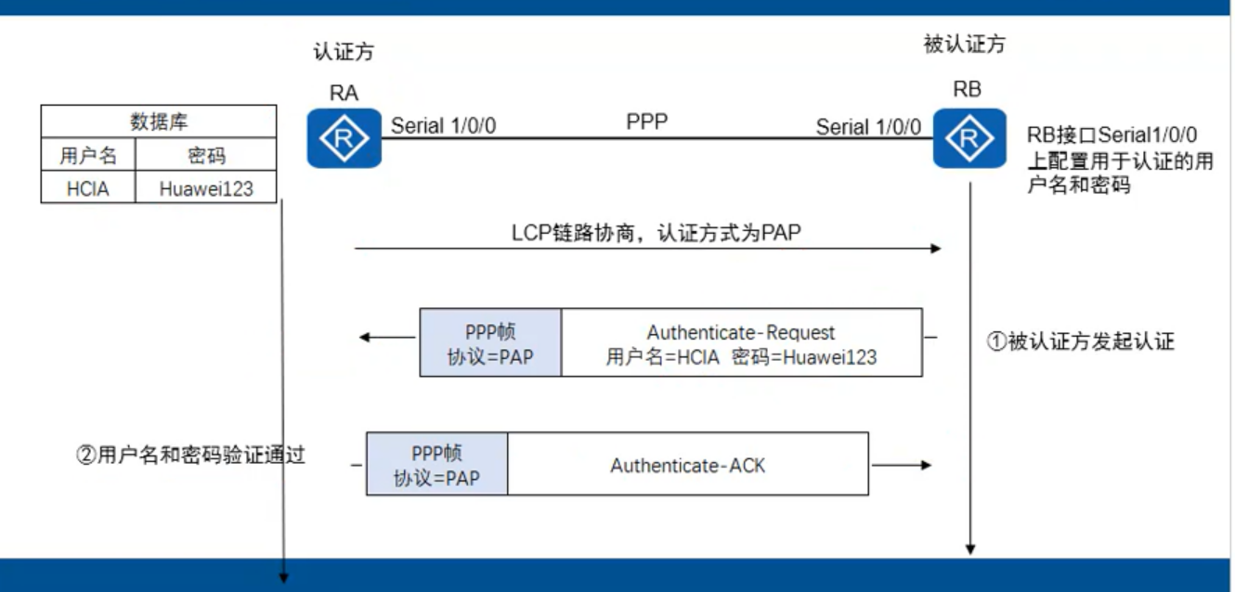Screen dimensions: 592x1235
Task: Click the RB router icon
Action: (969, 138)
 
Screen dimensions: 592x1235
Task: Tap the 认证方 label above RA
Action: (344, 52)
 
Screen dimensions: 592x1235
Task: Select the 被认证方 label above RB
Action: (964, 44)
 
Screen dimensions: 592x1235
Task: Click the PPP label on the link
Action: (647, 122)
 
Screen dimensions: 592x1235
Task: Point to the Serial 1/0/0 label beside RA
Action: (443, 126)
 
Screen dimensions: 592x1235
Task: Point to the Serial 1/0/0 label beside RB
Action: (868, 126)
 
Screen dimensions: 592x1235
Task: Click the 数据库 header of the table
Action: (159, 122)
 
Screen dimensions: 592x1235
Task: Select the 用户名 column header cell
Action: (88, 155)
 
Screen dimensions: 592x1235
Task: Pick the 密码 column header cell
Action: (206, 155)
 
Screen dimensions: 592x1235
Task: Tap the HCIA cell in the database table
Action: (88, 188)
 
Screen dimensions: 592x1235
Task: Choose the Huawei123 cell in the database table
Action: (206, 188)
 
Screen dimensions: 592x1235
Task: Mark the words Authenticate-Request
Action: (741, 332)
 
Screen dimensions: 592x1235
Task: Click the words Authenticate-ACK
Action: (687, 465)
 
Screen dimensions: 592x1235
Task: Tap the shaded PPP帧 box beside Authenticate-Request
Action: (490, 342)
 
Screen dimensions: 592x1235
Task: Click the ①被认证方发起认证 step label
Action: (1081, 341)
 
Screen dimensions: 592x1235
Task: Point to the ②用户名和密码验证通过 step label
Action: (190, 456)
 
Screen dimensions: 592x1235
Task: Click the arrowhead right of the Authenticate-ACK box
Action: (925, 465)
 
